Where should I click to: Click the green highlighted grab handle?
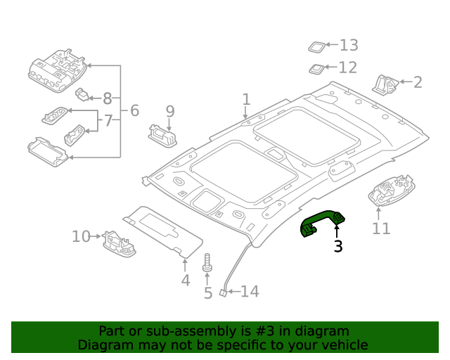pyautogui.click(x=323, y=223)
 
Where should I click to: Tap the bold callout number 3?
pyautogui.click(x=338, y=246)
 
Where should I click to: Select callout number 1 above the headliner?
pyautogui.click(x=246, y=98)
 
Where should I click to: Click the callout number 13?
pyautogui.click(x=349, y=46)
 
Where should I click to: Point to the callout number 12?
pyautogui.click(x=347, y=67)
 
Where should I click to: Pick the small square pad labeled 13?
pyautogui.click(x=316, y=46)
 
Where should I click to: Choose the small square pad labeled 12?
pyautogui.click(x=316, y=69)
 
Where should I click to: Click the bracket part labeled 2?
pyautogui.click(x=385, y=84)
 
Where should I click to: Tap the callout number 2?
pyautogui.click(x=418, y=82)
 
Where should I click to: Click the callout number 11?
pyautogui.click(x=380, y=229)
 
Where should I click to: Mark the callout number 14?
pyautogui.click(x=250, y=291)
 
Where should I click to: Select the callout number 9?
pyautogui.click(x=169, y=110)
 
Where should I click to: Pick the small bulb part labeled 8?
pyautogui.click(x=85, y=95)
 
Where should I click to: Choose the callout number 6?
pyautogui.click(x=134, y=110)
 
